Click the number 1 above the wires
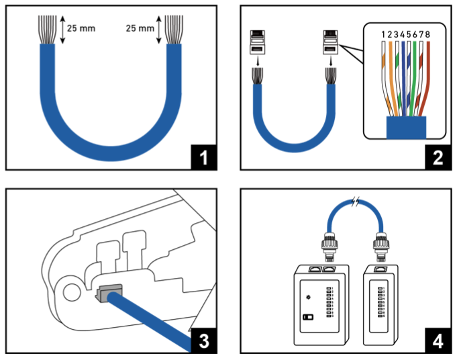pos(382,34)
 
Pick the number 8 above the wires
pos(427,34)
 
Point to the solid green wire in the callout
pos(415,74)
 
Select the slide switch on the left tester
pos(308,316)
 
